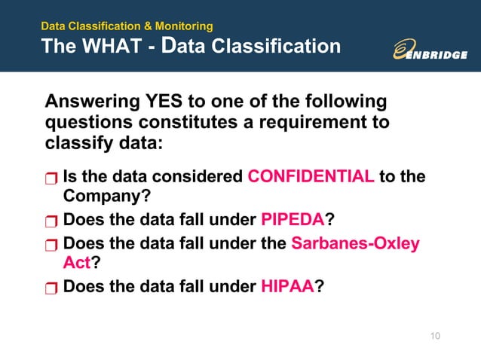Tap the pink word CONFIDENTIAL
[x=311, y=177]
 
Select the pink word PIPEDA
[x=292, y=221]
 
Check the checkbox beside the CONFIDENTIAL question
[x=51, y=179]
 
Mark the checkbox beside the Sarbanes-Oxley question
[x=51, y=246]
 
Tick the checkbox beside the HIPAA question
[x=51, y=288]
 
